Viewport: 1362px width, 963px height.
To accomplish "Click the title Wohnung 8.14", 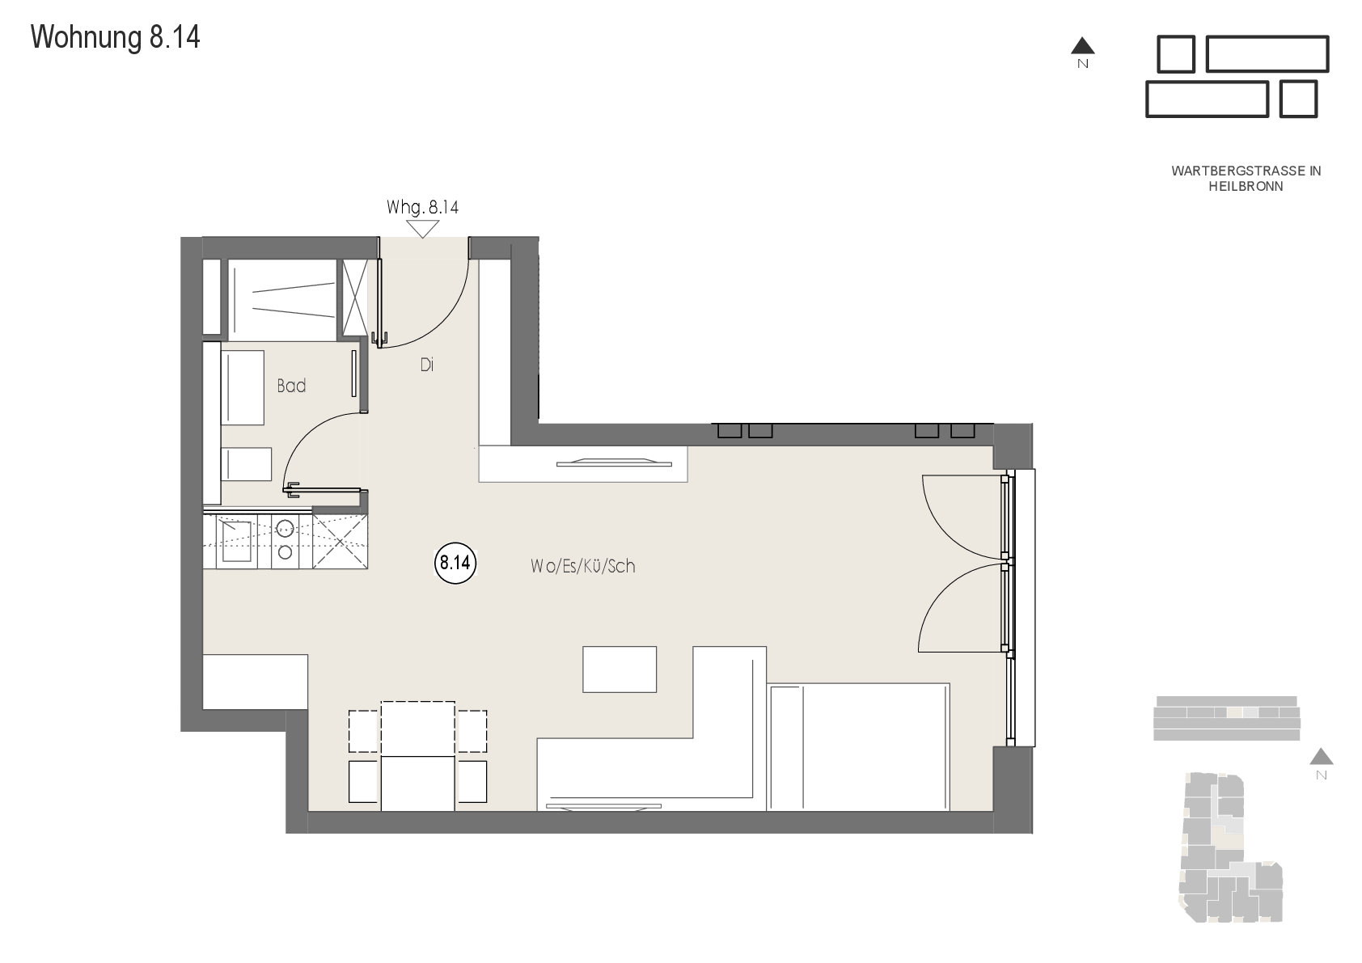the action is pyautogui.click(x=115, y=37).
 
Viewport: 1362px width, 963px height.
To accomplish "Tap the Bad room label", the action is pyautogui.click(x=291, y=386).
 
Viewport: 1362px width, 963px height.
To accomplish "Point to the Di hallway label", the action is pyautogui.click(x=426, y=365).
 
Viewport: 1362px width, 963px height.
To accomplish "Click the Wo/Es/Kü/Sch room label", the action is pyautogui.click(x=582, y=566).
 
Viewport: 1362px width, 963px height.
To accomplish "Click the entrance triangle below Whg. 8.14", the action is pyautogui.click(x=422, y=229).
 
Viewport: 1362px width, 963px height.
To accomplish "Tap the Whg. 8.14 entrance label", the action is pyautogui.click(x=422, y=207).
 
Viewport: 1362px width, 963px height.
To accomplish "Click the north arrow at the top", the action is pyautogui.click(x=1082, y=46).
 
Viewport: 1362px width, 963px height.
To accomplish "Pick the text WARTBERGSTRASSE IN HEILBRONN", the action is pyautogui.click(x=1246, y=179).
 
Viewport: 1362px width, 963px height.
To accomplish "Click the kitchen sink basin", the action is pyautogui.click(x=236, y=541).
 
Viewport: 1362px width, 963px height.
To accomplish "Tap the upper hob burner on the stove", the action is pyautogui.click(x=285, y=528).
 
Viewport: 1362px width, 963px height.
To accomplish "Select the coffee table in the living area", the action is pyautogui.click(x=619, y=669).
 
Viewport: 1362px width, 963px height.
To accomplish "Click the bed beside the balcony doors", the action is pyautogui.click(x=858, y=746).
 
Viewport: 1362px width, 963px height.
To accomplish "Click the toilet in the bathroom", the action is pyautogui.click(x=246, y=464).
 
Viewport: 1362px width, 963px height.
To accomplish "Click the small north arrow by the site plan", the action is pyautogui.click(x=1322, y=757).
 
